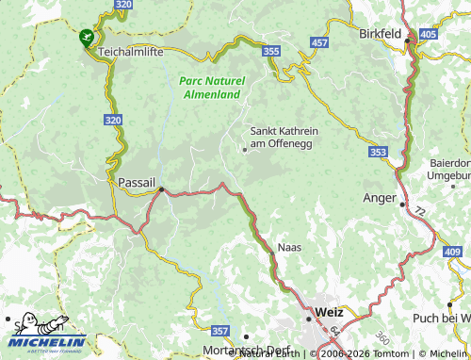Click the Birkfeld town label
pyautogui.click(x=381, y=33)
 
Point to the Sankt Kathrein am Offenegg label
pyautogui.click(x=280, y=137)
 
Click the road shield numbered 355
pyautogui.click(x=272, y=50)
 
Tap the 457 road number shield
pyautogui.click(x=319, y=43)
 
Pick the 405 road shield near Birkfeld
pyautogui.click(x=430, y=34)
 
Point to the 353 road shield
pyautogui.click(x=379, y=152)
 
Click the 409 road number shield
pyautogui.click(x=452, y=252)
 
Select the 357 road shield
pyautogui.click(x=219, y=331)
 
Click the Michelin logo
pyautogui.click(x=44, y=335)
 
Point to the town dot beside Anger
pyautogui.click(x=402, y=204)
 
